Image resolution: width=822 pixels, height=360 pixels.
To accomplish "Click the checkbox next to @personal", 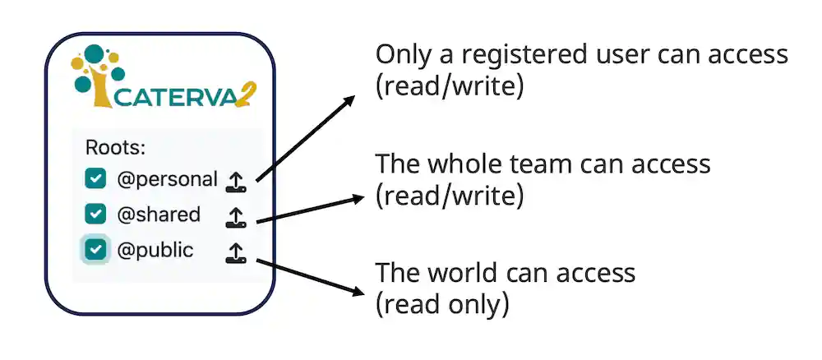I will [96, 178].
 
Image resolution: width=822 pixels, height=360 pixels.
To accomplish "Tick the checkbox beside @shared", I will [96, 214].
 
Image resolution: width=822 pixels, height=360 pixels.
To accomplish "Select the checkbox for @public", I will [96, 249].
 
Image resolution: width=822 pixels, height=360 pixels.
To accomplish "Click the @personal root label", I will [168, 178].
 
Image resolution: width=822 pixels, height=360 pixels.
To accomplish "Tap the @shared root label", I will [159, 214].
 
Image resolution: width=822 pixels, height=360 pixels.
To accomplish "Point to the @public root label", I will [155, 249].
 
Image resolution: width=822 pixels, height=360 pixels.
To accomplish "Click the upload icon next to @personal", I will [236, 181].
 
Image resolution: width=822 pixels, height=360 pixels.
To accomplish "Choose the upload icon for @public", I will [236, 252].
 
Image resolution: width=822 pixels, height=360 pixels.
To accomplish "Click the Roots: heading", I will [115, 148].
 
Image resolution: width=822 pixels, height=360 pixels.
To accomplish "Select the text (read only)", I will [442, 304].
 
